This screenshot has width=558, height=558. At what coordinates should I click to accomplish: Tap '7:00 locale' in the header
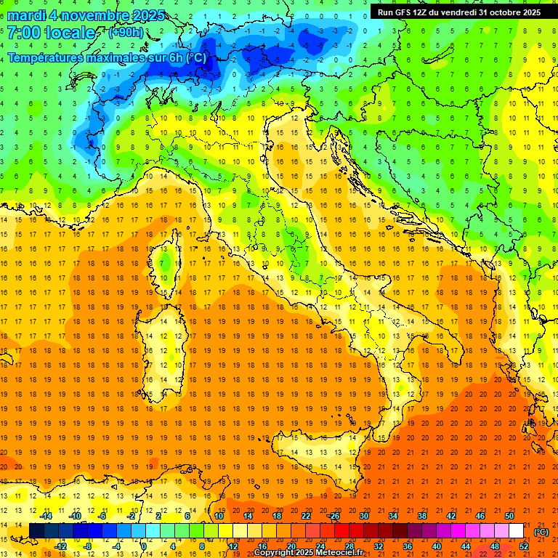point(51,33)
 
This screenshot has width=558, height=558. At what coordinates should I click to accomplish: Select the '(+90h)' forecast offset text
point(126,33)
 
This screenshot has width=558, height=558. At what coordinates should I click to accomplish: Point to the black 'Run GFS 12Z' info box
point(459,12)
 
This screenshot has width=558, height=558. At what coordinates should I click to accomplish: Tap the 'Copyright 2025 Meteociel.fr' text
point(313,553)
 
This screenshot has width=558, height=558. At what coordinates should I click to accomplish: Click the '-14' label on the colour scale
point(46,516)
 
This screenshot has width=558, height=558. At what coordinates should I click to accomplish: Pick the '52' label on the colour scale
point(524,546)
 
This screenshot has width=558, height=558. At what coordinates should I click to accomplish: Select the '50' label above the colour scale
point(509,516)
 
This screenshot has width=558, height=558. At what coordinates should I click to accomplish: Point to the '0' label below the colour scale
point(144,546)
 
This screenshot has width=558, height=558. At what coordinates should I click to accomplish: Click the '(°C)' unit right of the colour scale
point(541,532)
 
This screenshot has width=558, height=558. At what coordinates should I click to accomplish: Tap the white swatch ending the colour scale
point(516,531)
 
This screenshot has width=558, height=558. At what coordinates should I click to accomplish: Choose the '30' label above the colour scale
point(363,516)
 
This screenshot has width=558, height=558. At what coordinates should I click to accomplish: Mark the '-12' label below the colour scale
point(61,546)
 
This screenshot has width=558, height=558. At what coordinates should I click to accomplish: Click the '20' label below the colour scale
point(291,546)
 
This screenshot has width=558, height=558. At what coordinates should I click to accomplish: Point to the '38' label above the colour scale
point(421,516)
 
